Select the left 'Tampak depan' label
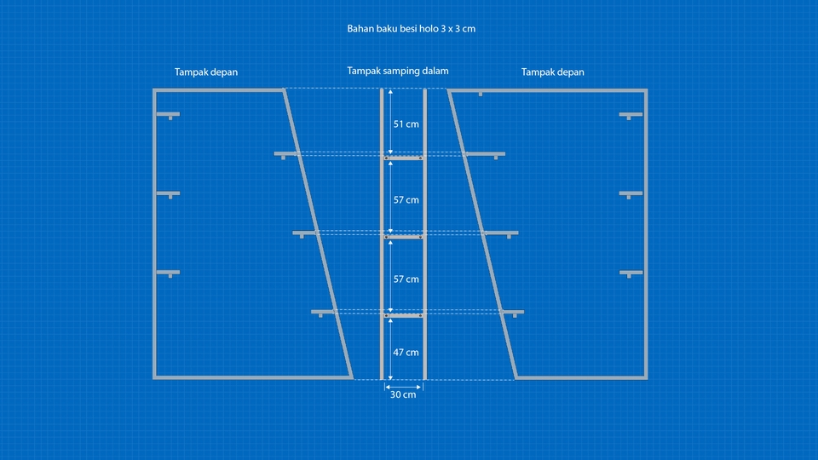tap(206, 72)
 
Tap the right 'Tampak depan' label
tap(553, 72)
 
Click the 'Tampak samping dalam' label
tap(398, 72)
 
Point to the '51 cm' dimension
tap(406, 124)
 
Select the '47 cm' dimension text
tap(406, 352)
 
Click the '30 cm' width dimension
tap(403, 394)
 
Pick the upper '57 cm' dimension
tap(406, 200)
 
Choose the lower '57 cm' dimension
tap(406, 279)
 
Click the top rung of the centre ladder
tap(403, 158)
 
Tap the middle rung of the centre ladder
tap(403, 237)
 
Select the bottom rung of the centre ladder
tap(403, 316)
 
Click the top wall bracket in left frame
tap(169, 114)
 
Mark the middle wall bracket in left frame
tap(169, 194)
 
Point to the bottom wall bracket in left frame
tap(169, 273)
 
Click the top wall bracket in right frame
tap(631, 114)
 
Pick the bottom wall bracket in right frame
tap(631, 273)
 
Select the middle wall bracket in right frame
tap(631, 194)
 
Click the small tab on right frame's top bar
tap(481, 94)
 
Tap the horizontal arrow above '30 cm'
tap(403, 385)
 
